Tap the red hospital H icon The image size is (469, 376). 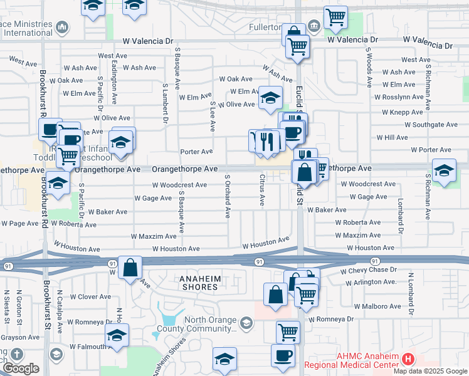[408, 359]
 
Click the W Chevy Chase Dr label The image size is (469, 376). [369, 270]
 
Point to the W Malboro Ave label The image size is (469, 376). [377, 306]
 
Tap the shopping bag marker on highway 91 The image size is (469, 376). [130, 268]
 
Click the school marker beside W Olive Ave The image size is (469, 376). [270, 98]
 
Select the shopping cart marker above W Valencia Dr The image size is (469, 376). [336, 18]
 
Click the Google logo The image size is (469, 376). [20, 368]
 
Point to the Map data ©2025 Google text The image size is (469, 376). [430, 371]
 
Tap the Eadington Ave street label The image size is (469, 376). [115, 81]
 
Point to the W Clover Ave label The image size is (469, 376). [90, 296]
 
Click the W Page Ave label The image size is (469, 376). [19, 223]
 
